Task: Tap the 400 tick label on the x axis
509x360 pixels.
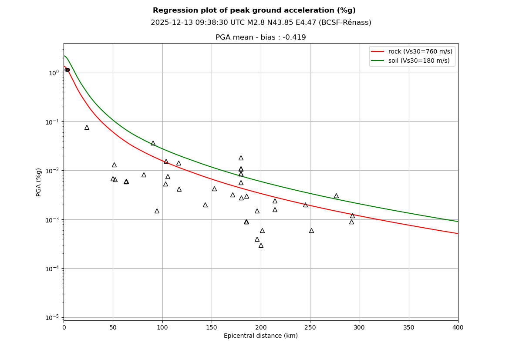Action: pos(458,327)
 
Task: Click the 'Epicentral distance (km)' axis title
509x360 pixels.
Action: pos(261,336)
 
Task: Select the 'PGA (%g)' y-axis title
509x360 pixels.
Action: pos(39,182)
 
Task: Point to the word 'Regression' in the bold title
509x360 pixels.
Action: pos(172,10)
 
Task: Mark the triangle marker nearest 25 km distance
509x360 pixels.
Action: pos(87,128)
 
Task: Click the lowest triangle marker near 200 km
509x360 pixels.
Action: pos(261,246)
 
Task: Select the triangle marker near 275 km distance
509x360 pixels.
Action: pos(336,196)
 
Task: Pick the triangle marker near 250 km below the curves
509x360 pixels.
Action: pos(311,231)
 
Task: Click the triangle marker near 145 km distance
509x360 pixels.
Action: pos(205,205)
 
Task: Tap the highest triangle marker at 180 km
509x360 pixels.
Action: pos(241,158)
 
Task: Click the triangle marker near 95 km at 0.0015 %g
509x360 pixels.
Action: pos(157,211)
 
